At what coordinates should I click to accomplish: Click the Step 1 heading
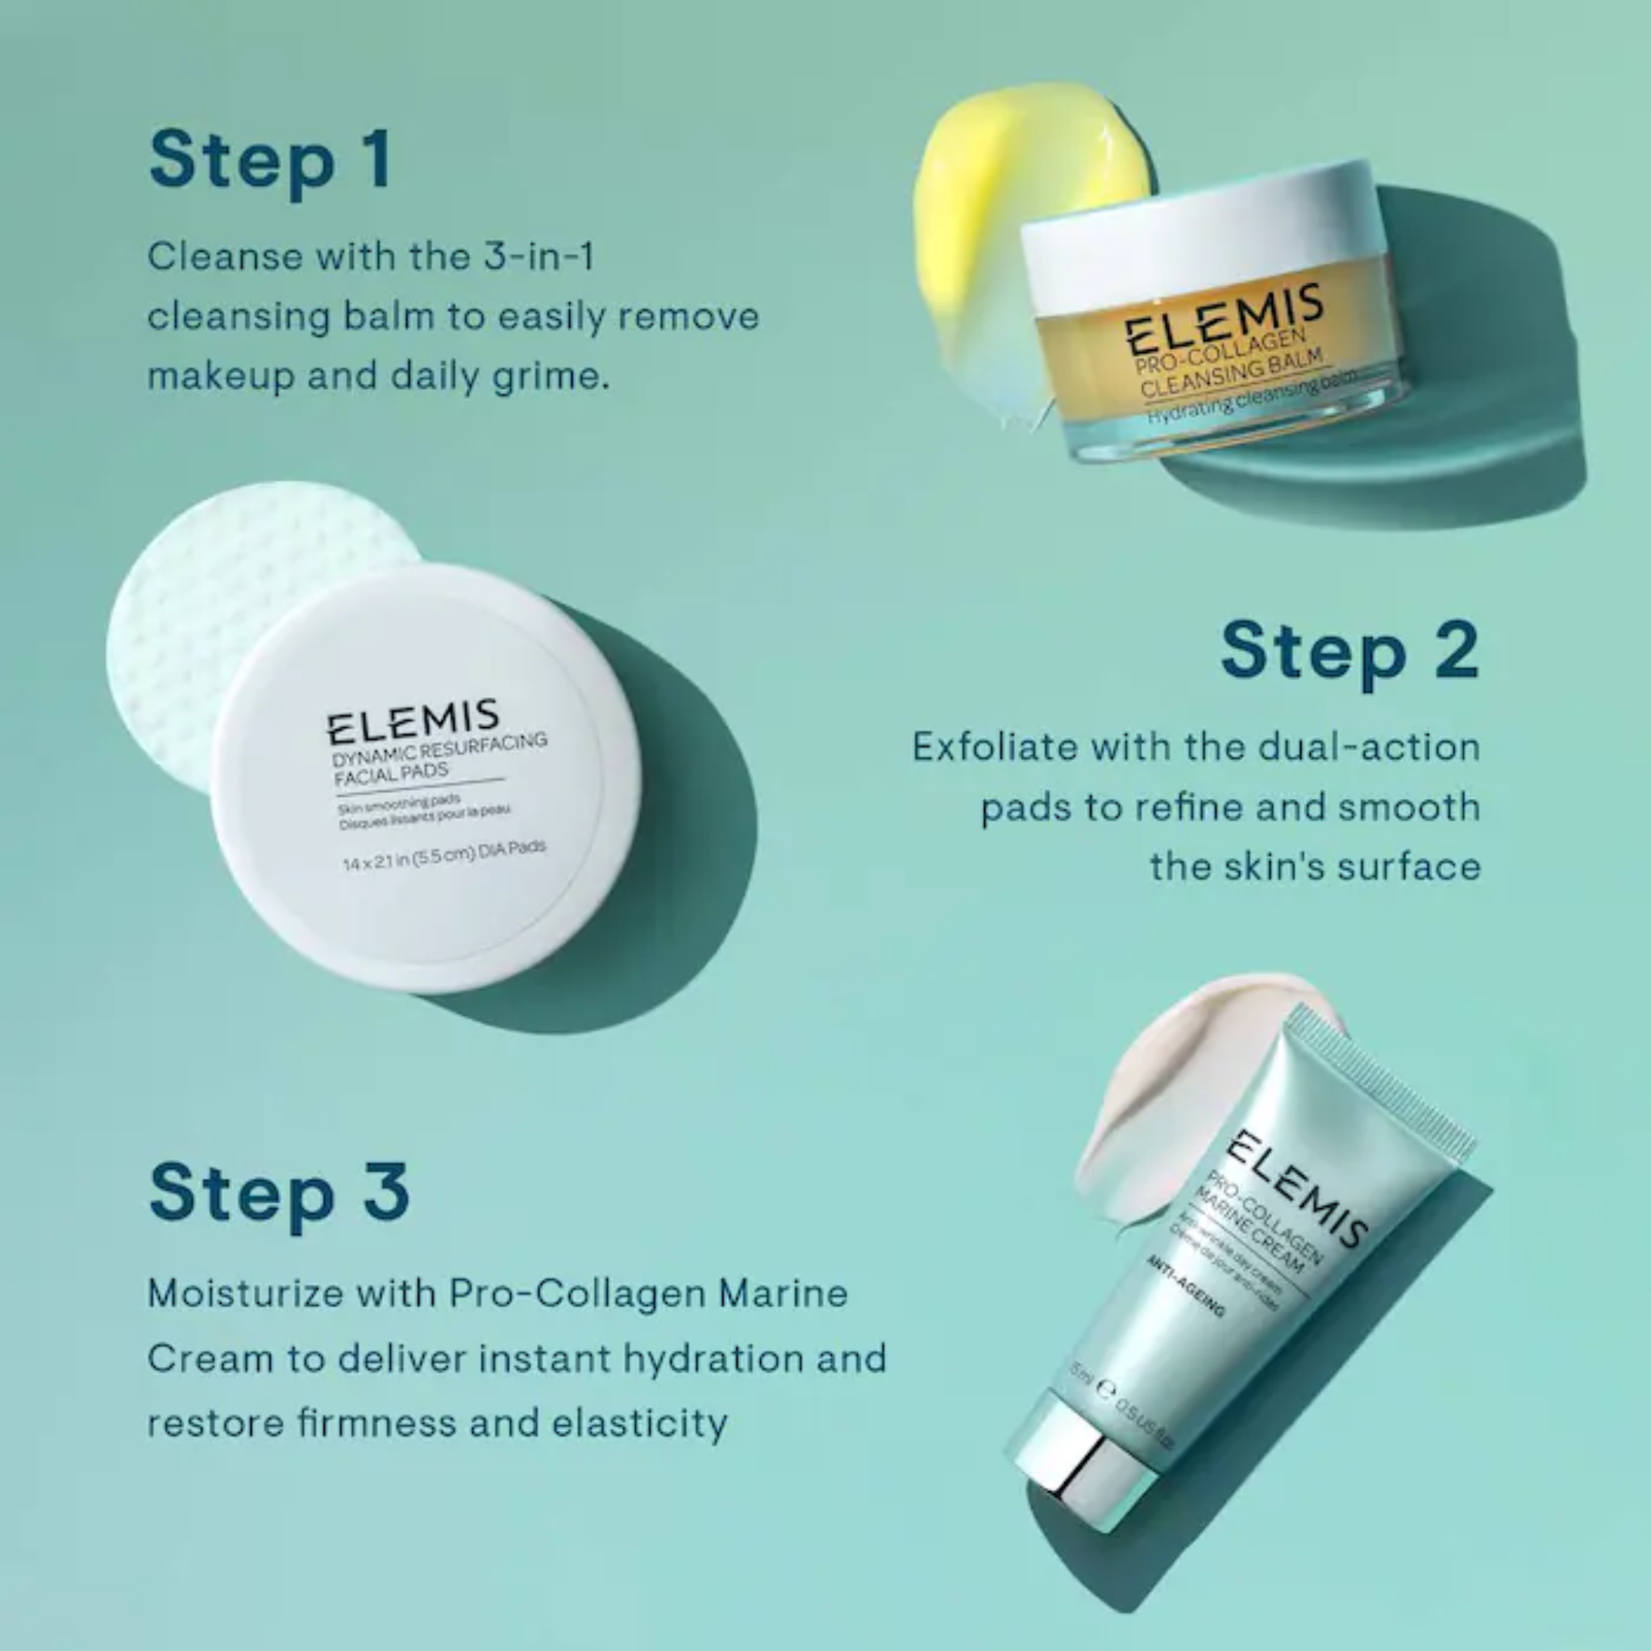click(x=270, y=160)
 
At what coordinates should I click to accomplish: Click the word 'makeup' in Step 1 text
click(x=218, y=376)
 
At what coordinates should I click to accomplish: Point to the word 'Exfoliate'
click(x=995, y=748)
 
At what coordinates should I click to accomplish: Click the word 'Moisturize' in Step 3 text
click(x=245, y=1293)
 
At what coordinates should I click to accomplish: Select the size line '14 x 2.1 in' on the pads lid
click(x=443, y=855)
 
